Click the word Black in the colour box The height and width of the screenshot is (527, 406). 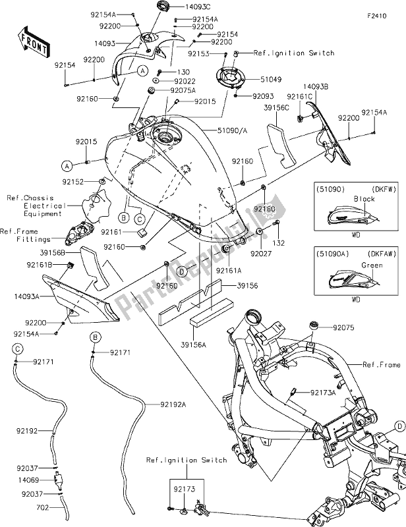[364, 198]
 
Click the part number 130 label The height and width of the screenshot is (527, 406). [184, 71]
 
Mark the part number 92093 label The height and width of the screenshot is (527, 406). [254, 96]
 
